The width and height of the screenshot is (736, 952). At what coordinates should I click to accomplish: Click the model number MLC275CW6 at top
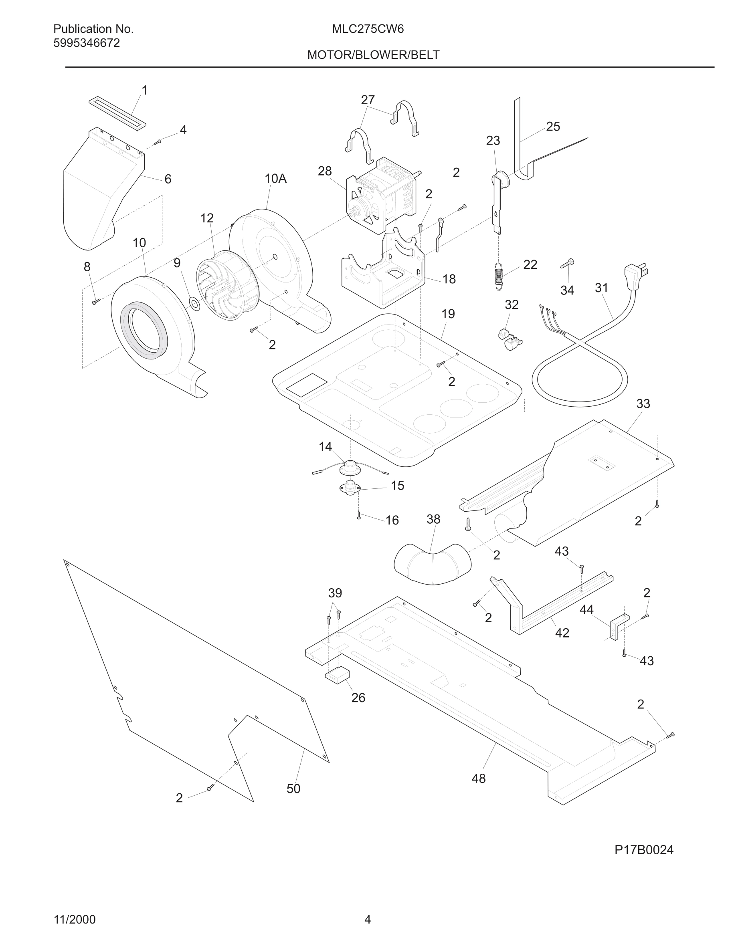pos(368,29)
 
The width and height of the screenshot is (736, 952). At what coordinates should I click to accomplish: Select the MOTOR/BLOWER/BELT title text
pos(373,55)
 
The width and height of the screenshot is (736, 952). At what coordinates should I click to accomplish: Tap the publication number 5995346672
pos(86,43)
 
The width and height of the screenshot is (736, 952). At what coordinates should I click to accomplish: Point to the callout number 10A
pos(275,178)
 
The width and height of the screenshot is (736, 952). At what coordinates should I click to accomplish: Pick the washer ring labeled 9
pos(195,304)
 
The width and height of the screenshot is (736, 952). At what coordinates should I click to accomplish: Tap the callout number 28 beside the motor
pos(324,171)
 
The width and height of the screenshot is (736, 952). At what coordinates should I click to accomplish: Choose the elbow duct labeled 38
pos(432,564)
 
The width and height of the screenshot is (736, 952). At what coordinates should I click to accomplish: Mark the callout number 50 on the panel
pos(293,789)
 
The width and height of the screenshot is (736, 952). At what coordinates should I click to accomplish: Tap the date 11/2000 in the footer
pos(75,920)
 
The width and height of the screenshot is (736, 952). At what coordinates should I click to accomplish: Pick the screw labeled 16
pos(358,516)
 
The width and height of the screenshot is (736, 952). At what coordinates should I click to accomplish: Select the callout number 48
pos(478,778)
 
